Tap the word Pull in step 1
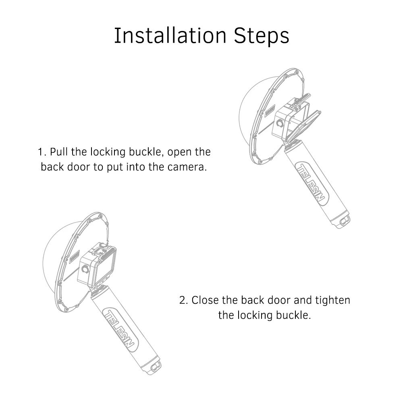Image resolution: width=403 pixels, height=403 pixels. pos(59,152)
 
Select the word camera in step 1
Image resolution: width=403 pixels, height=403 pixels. pos(187,167)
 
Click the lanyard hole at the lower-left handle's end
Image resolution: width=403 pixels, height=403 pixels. pos(156,366)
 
